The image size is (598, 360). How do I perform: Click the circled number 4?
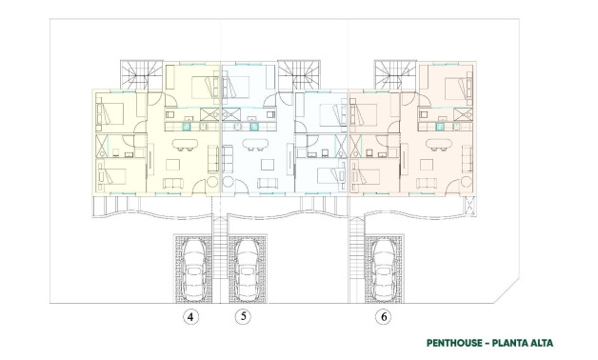pyautogui.click(x=191, y=316)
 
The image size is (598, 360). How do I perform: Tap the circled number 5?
pyautogui.click(x=244, y=316)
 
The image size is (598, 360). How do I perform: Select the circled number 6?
pyautogui.click(x=384, y=316)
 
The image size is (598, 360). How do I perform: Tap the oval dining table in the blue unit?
pyautogui.click(x=256, y=146)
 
